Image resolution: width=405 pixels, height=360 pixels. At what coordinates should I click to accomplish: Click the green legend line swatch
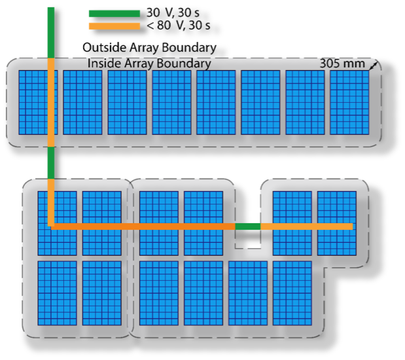pyautogui.click(x=114, y=14)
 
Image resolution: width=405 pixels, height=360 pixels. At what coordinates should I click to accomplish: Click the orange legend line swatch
pyautogui.click(x=114, y=26)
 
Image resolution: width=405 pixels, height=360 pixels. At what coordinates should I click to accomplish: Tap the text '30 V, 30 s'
pyautogui.click(x=173, y=12)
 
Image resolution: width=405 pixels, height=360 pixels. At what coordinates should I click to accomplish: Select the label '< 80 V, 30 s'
pyautogui.click(x=178, y=26)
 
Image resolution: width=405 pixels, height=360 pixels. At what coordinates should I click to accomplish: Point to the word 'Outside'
pyautogui.click(x=104, y=48)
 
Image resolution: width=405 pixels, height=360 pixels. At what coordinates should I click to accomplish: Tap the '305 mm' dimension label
pyautogui.click(x=342, y=63)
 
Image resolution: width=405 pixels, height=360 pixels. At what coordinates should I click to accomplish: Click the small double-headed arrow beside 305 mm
pyautogui.click(x=374, y=65)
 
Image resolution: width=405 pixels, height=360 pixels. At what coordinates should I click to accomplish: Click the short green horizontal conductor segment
pyautogui.click(x=248, y=226)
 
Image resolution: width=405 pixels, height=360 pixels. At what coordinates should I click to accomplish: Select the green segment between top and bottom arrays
pyautogui.click(x=51, y=163)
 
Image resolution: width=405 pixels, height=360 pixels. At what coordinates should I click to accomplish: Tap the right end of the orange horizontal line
pyautogui.click(x=353, y=226)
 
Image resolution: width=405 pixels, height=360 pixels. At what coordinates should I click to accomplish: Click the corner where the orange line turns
pyautogui.click(x=51, y=226)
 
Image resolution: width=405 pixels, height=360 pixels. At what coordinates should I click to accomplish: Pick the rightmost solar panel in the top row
pyautogui.click(x=349, y=102)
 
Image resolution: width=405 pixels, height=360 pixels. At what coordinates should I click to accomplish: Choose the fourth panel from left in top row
pyautogui.click(x=171, y=102)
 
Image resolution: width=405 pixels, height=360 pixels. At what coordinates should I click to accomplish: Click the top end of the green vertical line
pyautogui.click(x=51, y=7)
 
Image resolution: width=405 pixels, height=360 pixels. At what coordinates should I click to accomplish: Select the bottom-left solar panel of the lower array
pyautogui.click(x=58, y=293)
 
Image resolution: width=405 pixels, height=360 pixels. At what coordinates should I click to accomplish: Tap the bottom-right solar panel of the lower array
pyautogui.click(x=292, y=293)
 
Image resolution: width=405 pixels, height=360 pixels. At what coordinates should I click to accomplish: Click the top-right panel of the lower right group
pyautogui.click(x=337, y=223)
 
